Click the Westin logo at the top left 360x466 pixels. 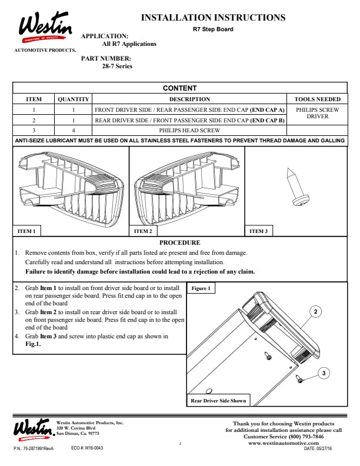coord(45,26)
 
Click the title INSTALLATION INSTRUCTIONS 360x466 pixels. coord(213,18)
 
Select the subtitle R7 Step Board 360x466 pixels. coord(213,29)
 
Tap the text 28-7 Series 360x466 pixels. coord(117,66)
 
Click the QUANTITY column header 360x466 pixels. coord(74,99)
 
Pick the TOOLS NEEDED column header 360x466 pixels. coord(317,99)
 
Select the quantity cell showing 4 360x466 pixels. coord(74,131)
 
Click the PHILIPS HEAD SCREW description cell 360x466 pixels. coord(189,131)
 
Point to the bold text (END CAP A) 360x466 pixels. coord(267,110)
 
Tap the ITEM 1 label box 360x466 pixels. coord(26,231)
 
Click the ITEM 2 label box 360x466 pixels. coord(143,231)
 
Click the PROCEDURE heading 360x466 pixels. coord(179,242)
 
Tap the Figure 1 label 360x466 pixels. coord(201,288)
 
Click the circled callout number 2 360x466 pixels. coord(315,311)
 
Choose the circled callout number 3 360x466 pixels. coord(324,373)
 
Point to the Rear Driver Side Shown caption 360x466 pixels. coord(218,400)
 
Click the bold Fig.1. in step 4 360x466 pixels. coord(33,344)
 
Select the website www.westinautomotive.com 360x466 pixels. coord(284,443)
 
